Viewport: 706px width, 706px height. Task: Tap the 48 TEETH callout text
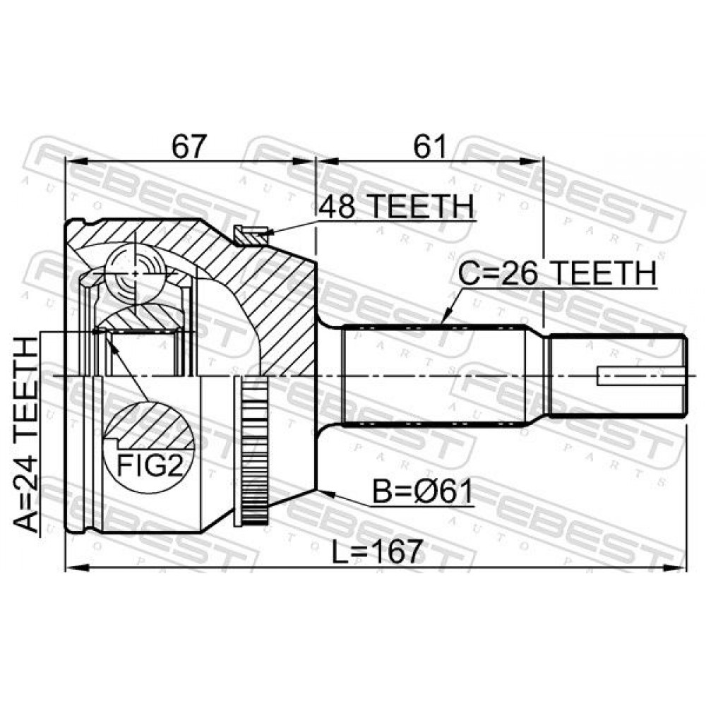(396, 206)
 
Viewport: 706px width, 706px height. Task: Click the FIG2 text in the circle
(150, 465)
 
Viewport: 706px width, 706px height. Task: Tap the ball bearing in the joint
(135, 273)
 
